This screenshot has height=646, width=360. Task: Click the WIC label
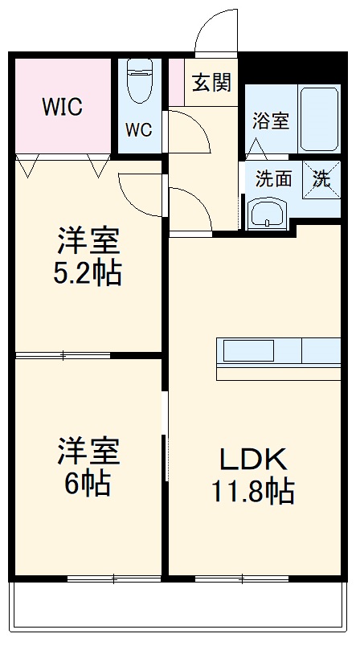62,107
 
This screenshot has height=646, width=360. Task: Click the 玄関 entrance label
212,82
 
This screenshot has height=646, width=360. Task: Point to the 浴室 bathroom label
270,121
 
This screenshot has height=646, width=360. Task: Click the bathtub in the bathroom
320,118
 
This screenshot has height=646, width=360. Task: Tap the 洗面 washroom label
273,179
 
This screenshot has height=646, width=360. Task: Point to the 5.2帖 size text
89,272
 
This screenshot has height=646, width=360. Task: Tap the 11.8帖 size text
253,489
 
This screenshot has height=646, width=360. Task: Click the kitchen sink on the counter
248,351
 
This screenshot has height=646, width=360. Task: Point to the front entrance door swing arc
215,32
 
